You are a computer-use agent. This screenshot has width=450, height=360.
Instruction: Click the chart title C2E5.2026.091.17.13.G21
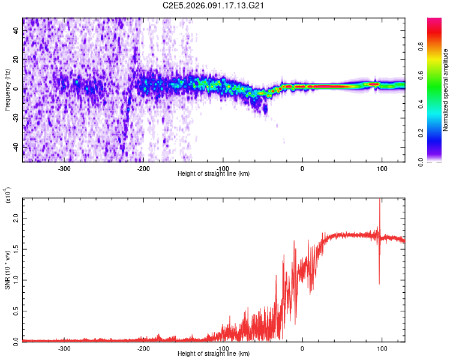pyautogui.click(x=214, y=5)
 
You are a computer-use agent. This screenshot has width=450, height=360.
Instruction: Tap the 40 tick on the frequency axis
pyautogui.click(x=16, y=31)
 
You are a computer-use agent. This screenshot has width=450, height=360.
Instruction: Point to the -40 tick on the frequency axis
pyautogui.click(x=14, y=148)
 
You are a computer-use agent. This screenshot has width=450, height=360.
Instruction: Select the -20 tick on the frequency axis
pyautogui.click(x=14, y=118)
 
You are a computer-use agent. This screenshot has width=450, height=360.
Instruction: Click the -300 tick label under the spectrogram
pyautogui.click(x=64, y=168)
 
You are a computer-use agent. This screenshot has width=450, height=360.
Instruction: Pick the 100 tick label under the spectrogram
pyautogui.click(x=382, y=168)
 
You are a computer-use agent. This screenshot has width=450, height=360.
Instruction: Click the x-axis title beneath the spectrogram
pyautogui.click(x=214, y=174)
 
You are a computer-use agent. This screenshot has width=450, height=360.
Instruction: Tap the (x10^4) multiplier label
pyautogui.click(x=8, y=196)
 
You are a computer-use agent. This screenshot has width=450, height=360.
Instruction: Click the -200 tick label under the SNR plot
pyautogui.click(x=143, y=348)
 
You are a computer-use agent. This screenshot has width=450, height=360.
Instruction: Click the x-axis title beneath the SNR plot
pyautogui.click(x=214, y=354)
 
